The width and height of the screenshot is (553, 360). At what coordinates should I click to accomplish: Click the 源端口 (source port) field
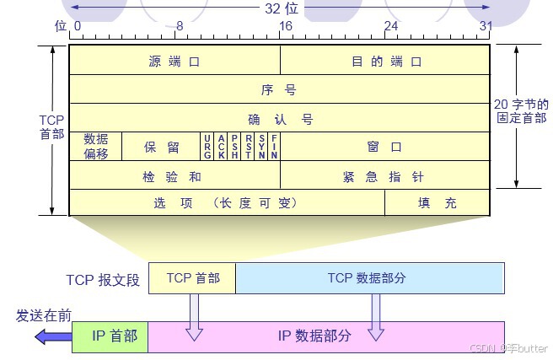point(174,61)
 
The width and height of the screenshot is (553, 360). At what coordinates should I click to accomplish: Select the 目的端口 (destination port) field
point(385,61)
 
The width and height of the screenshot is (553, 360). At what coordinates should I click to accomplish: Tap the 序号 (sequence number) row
point(279,89)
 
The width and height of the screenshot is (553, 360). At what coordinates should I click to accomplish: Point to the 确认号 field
point(279,118)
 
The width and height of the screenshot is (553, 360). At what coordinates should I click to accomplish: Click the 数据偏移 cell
point(95,147)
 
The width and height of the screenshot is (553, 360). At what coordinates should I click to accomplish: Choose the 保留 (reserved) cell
point(161,147)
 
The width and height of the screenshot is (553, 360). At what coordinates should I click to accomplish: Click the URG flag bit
point(207,147)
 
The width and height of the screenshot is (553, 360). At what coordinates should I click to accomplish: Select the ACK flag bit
point(221,147)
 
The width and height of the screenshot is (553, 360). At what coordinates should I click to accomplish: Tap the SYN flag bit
point(261,147)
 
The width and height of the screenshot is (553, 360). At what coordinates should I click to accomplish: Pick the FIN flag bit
point(274,147)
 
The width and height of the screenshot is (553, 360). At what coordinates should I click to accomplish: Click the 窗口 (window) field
point(384,147)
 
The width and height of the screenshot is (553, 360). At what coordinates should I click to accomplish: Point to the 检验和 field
point(174,175)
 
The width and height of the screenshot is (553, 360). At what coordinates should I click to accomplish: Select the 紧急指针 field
point(384,175)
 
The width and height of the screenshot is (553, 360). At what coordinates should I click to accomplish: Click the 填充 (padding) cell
point(438,202)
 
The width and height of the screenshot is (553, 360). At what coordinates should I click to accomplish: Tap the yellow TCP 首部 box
point(192,278)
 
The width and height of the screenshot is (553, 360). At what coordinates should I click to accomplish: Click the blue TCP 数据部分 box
point(369,278)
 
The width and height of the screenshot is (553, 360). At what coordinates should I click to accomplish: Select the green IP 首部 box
point(115,336)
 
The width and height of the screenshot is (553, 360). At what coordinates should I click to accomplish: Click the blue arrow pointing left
point(52,336)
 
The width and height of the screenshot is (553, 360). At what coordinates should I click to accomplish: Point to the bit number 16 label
point(285,26)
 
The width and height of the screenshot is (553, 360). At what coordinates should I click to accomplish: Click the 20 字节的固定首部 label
point(520,111)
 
